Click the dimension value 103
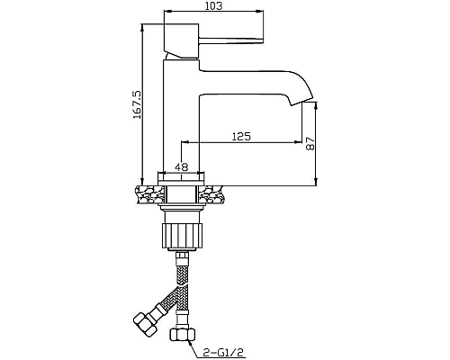pos(213,5)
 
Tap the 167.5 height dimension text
pos(137,105)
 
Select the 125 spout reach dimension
pos(241,137)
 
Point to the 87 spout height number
pos(310,144)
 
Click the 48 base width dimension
pos(182,166)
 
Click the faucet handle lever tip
pos(263,40)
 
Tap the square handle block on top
pos(182,40)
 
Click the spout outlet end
pos(301,102)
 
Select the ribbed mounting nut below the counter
pos(182,236)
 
